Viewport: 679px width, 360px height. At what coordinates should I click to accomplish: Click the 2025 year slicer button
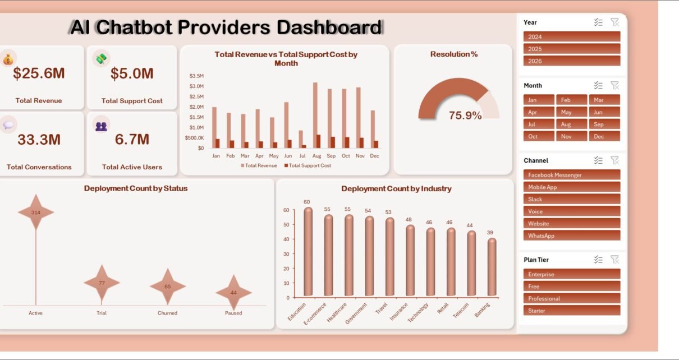point(572,49)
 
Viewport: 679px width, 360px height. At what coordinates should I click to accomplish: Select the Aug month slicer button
point(571,124)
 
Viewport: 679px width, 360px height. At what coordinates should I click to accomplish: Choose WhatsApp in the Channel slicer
point(572,236)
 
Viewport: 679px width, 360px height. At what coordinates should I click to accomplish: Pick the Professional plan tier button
point(572,298)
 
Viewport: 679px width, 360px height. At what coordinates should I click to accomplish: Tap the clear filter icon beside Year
point(614,22)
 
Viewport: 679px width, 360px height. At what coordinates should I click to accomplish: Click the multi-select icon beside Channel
point(598,160)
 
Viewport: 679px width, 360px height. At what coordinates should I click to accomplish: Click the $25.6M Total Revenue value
point(39,73)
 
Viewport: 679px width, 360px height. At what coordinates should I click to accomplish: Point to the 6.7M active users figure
point(132,140)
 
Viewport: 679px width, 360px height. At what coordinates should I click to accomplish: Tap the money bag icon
point(8,59)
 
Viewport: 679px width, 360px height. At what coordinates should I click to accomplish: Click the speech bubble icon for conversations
point(8,125)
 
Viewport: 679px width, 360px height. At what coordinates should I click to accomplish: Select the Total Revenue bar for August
point(315,115)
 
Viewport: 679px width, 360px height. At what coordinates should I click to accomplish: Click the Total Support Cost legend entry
point(308,165)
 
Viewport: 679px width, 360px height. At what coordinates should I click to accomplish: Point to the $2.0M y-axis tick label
point(196,107)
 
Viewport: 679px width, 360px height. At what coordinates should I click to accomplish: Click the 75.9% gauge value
point(465,116)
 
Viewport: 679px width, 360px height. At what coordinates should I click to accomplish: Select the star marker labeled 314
point(36,212)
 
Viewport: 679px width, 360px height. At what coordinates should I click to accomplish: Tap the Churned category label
point(167,313)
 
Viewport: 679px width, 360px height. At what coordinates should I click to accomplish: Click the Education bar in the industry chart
point(308,252)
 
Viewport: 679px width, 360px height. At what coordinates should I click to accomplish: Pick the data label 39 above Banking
point(490,232)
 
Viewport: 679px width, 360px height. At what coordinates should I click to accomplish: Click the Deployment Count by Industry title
point(396,188)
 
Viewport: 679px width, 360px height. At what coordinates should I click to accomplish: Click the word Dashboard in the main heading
point(329,27)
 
